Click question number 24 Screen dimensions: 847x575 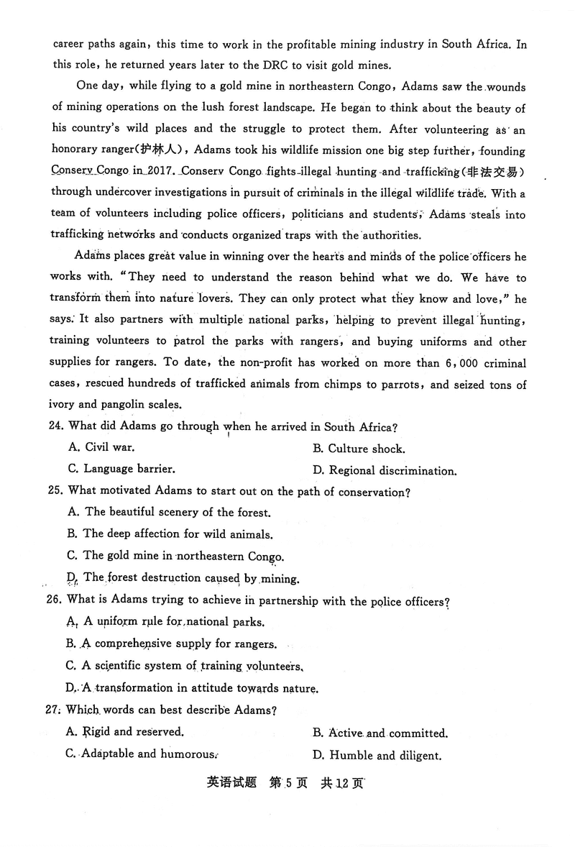point(57,427)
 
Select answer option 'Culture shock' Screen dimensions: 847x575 point(367,449)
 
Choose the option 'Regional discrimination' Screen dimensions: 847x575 point(392,472)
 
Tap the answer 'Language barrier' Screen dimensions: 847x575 point(129,469)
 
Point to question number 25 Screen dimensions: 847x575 point(57,493)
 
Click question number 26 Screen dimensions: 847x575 point(57,601)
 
